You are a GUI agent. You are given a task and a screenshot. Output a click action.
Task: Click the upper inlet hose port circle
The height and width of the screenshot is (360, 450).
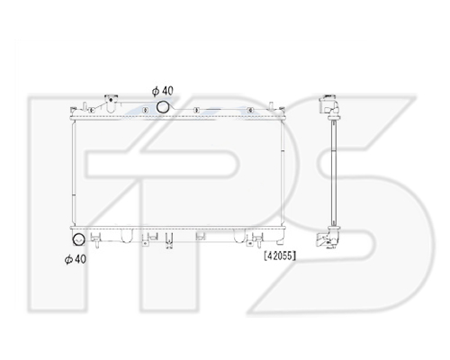point(163,107)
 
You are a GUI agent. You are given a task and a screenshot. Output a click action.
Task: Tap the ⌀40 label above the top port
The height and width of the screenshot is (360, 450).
point(163,91)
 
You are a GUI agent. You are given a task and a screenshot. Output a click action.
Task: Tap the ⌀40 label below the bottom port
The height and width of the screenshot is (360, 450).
point(76,258)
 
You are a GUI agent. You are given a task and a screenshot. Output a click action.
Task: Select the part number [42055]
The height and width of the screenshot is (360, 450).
point(280,256)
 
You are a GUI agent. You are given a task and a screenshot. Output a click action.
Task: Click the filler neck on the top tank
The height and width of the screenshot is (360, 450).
point(111,103)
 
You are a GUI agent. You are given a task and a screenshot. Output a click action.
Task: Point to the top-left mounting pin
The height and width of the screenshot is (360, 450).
point(85,107)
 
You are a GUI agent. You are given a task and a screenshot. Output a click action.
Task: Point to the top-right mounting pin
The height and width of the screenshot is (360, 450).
point(271,106)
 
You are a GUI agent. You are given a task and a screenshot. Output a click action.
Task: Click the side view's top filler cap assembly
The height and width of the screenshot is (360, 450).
point(329,105)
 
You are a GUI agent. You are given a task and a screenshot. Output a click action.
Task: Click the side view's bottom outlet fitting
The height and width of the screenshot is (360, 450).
point(328,238)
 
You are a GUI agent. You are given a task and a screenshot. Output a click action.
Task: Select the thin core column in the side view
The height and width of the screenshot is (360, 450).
point(333,173)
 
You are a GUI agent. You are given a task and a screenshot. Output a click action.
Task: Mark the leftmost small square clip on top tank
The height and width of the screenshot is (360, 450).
point(92,111)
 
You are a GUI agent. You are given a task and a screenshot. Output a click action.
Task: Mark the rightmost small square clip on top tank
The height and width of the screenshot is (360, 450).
point(250,111)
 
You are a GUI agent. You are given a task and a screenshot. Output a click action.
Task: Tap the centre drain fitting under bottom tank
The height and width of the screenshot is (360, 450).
point(169,241)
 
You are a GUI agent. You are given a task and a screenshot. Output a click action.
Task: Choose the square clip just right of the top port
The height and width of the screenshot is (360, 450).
point(196,111)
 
